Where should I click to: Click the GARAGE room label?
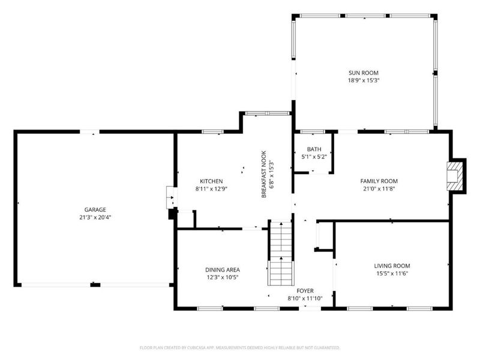tap(95, 209)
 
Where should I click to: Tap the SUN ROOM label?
tap(364, 73)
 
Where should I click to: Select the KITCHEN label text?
tap(211, 181)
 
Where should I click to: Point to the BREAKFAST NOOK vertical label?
tap(264, 174)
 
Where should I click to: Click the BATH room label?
tap(314, 149)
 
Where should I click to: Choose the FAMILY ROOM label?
tap(379, 181)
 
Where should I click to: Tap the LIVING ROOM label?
tap(392, 266)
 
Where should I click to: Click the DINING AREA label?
tap(223, 270)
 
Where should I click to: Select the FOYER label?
tap(305, 291)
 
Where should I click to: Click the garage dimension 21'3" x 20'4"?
tap(95, 218)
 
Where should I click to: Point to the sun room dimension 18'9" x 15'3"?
tap(364, 81)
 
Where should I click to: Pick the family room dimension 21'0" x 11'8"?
tap(379, 189)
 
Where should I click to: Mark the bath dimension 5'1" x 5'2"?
tap(314, 157)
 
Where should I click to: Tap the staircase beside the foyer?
tap(281, 253)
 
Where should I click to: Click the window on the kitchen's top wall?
tap(212, 132)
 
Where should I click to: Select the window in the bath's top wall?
tap(312, 132)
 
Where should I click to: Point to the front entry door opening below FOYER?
tap(310, 308)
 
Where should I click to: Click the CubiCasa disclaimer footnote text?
tap(239, 348)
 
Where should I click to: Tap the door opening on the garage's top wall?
tap(89, 132)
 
